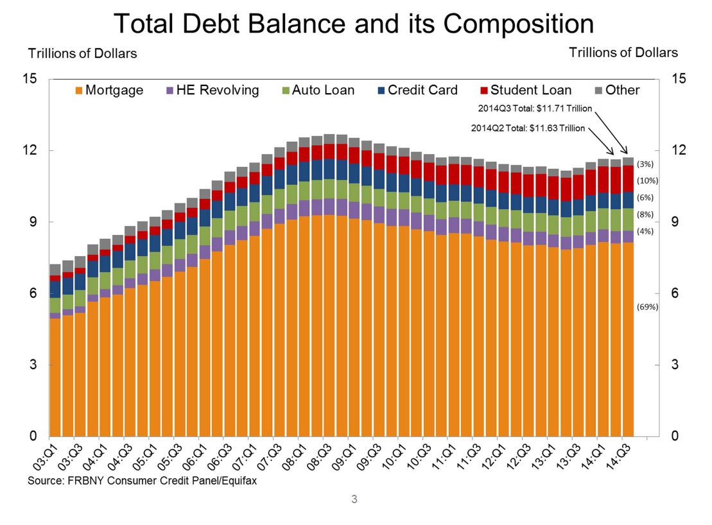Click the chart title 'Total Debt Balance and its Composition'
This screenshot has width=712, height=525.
354,24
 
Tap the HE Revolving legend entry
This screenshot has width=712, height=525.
213,90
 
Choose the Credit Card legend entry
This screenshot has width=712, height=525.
417,90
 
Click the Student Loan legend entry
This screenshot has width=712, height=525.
525,90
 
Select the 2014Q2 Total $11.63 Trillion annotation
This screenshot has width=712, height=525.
528,128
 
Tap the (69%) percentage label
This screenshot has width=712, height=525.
647,307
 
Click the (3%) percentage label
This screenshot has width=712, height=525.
645,164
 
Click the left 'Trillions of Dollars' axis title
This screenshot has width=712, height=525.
82,53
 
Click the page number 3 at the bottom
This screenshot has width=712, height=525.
354,497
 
